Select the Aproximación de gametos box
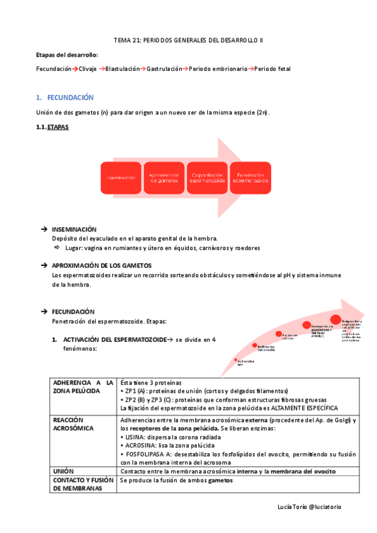pos(165,179)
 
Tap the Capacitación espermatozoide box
pos(208,179)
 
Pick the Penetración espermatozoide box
pos(250,179)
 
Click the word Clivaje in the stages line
pos(89,69)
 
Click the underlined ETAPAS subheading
pos(59,128)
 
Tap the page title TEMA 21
pos(188,40)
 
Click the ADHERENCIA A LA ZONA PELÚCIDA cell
pos(84,386)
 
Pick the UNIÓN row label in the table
pos(64,471)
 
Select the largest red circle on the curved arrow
pos(335,321)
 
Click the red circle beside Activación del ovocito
pos(255,346)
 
